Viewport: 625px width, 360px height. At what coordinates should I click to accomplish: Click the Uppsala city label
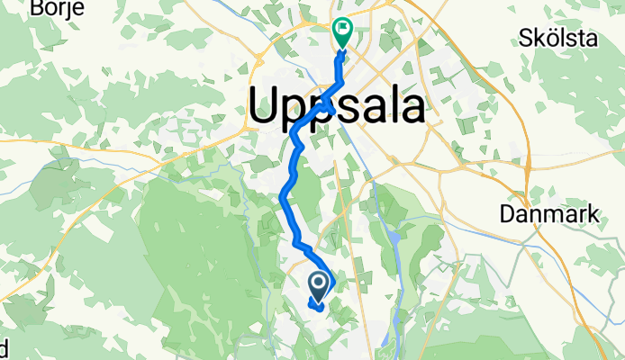point(337,107)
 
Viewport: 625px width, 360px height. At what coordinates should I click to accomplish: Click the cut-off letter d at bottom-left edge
point(4,346)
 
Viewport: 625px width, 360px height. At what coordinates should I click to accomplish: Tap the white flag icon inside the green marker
point(344,29)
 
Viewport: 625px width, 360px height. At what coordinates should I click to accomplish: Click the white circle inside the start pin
point(320,283)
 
